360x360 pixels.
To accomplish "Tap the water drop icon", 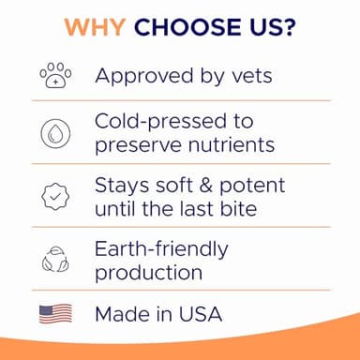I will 55,133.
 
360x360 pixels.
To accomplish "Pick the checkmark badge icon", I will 55,195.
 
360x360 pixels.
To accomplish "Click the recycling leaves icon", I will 55,259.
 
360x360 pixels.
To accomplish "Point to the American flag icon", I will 55,313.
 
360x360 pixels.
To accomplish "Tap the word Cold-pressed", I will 160,122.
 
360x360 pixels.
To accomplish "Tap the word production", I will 148,272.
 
